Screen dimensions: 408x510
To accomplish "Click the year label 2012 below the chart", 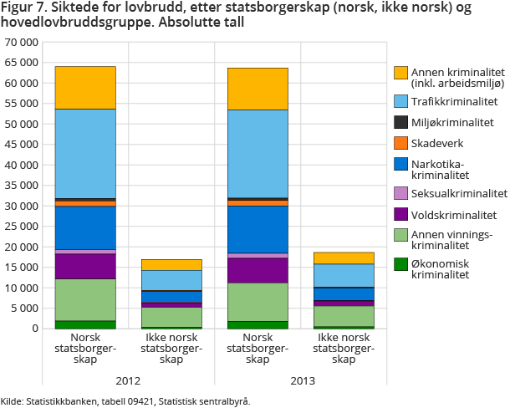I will (x=128, y=381).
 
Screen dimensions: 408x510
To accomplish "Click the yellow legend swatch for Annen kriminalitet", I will (x=400, y=73).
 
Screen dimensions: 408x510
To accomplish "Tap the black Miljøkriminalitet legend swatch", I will (x=400, y=122).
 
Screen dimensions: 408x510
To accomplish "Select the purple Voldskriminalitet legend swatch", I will (x=400, y=215).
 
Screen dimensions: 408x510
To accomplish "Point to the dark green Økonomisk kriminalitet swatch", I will (x=400, y=263).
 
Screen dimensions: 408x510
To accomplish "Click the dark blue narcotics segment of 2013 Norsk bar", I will (x=258, y=229).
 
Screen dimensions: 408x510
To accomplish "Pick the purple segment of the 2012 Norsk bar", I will (x=85, y=266).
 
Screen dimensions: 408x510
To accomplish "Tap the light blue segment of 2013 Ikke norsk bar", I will (x=344, y=276).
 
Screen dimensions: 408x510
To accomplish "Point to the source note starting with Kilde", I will (x=125, y=401).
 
